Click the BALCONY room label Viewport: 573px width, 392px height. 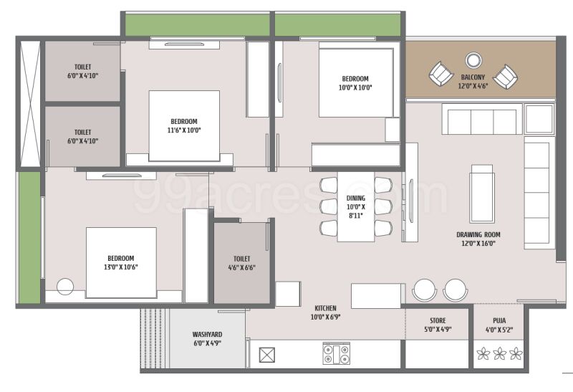pyautogui.click(x=473, y=77)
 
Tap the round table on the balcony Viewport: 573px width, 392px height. pyautogui.click(x=473, y=60)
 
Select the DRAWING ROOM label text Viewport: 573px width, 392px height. pyautogui.click(x=478, y=234)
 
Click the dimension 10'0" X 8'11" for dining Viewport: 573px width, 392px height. pyautogui.click(x=355, y=211)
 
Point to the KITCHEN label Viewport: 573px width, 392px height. pyautogui.click(x=325, y=308)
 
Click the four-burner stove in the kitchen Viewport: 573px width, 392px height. pyautogui.click(x=336, y=353)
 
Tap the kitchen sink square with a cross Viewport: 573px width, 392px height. pyautogui.click(x=266, y=355)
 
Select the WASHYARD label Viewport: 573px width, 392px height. pyautogui.click(x=207, y=334)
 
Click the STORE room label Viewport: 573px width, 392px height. pyautogui.click(x=438, y=320)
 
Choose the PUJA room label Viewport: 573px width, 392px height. pyautogui.click(x=499, y=320)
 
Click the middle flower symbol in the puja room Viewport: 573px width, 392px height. pyautogui.click(x=499, y=353)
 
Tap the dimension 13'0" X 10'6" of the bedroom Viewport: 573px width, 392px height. pyautogui.click(x=120, y=267)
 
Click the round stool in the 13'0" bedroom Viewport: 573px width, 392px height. pyautogui.click(x=65, y=287)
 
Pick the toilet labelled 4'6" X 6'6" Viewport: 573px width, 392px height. pyautogui.click(x=241, y=263)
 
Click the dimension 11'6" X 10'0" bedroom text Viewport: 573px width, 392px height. pyautogui.click(x=184, y=130)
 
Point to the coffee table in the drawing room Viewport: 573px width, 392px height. pyautogui.click(x=482, y=193)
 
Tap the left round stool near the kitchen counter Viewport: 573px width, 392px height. pyautogui.click(x=424, y=290)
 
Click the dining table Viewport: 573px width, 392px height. pyautogui.click(x=356, y=206)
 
